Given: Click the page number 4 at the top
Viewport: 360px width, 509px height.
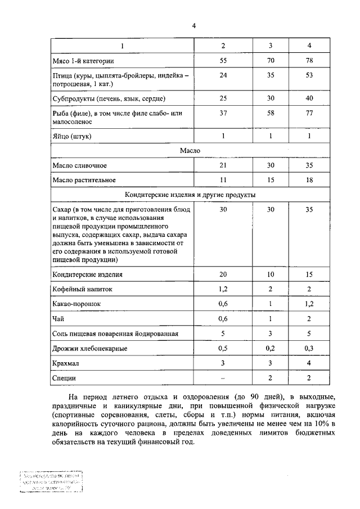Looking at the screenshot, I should pyautogui.click(x=193, y=26).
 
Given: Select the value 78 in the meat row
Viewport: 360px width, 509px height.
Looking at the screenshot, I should pyautogui.click(x=309, y=60).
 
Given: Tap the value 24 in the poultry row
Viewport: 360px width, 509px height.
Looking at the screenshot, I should pyautogui.click(x=223, y=75).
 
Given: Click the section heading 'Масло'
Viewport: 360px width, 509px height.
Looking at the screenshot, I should pyautogui.click(x=190, y=151).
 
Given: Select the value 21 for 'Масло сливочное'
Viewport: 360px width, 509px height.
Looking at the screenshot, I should pyautogui.click(x=223, y=165).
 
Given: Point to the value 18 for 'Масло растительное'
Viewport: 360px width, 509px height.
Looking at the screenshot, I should pyautogui.click(x=309, y=180).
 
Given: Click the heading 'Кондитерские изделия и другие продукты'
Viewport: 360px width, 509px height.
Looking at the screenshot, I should pyautogui.click(x=190, y=195).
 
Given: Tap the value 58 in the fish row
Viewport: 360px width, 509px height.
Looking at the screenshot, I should pyautogui.click(x=271, y=114).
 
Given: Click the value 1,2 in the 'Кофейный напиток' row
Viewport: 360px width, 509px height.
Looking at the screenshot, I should pyautogui.click(x=223, y=290).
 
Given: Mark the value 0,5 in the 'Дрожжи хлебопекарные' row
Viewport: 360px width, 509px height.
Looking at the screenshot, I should pyautogui.click(x=223, y=349).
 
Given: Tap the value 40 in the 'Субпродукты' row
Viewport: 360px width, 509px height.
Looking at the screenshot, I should pyautogui.click(x=309, y=98).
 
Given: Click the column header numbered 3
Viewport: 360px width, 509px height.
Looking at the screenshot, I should pyautogui.click(x=271, y=45).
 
